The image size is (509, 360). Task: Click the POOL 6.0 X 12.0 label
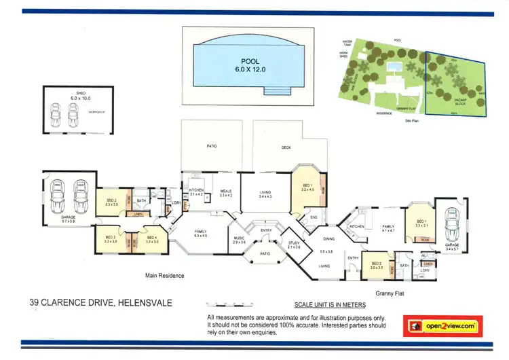click(x=250, y=65)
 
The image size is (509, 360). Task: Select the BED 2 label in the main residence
click(x=112, y=202)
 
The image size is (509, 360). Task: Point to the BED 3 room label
click(x=111, y=239)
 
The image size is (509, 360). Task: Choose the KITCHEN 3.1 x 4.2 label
click(x=197, y=192)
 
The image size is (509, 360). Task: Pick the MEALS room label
click(x=226, y=194)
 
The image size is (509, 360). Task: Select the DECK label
click(x=286, y=147)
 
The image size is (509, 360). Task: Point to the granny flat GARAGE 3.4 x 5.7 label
click(x=451, y=247)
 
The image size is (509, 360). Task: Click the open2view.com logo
click(x=442, y=326)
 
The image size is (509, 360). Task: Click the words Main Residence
click(x=164, y=276)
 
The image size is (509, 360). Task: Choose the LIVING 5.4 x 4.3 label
click(x=265, y=194)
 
